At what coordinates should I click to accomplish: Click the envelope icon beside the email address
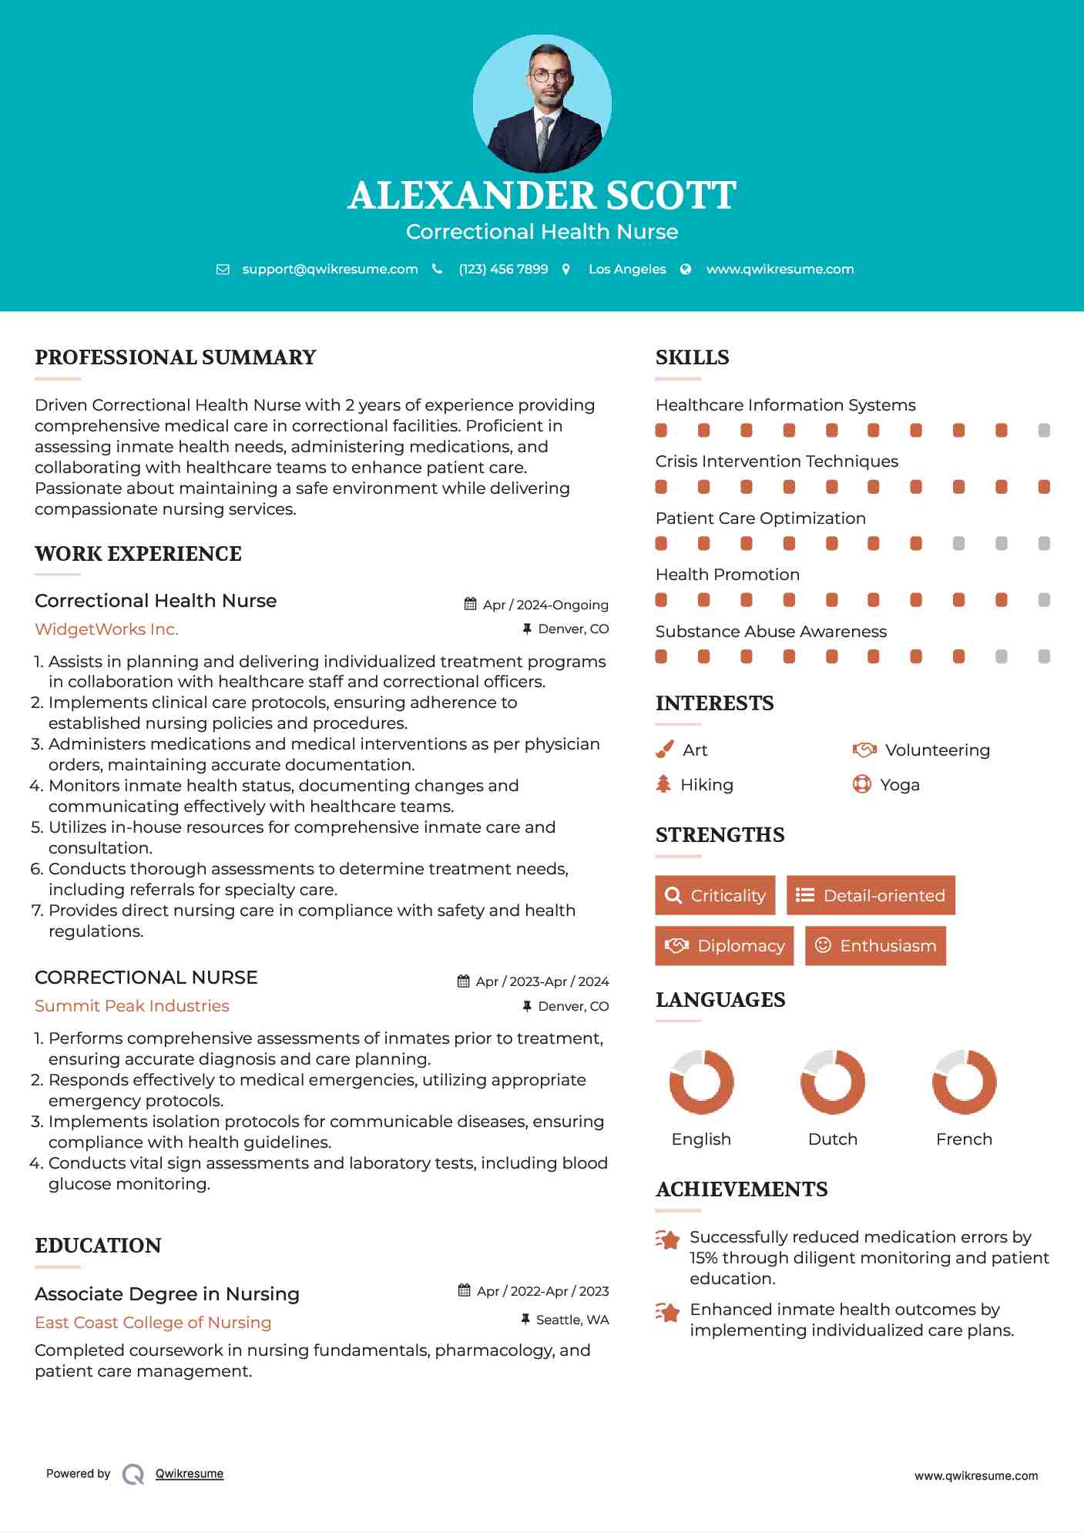pyautogui.click(x=223, y=270)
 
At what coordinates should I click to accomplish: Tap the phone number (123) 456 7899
pyautogui.click(x=503, y=270)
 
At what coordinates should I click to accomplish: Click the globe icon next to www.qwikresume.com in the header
pyautogui.click(x=686, y=270)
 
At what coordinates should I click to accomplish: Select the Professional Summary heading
pyautogui.click(x=176, y=357)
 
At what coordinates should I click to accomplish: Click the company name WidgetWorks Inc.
pyautogui.click(x=106, y=629)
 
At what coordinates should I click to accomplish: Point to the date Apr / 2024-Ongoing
pyautogui.click(x=545, y=605)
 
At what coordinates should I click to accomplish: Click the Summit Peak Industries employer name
pyautogui.click(x=132, y=1006)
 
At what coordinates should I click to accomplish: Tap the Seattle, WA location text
pyautogui.click(x=572, y=1320)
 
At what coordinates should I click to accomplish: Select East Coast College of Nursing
pyautogui.click(x=153, y=1323)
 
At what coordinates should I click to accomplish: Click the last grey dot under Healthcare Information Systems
pyautogui.click(x=1044, y=431)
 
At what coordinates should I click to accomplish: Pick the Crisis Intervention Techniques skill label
pyautogui.click(x=777, y=461)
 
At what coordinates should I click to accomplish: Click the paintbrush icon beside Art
pyautogui.click(x=664, y=750)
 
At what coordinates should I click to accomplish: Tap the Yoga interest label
pyautogui.click(x=900, y=785)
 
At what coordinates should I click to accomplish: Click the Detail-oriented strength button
pyautogui.click(x=871, y=895)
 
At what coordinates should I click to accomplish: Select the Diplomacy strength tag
pyautogui.click(x=723, y=946)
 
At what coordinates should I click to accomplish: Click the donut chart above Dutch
pyautogui.click(x=833, y=1082)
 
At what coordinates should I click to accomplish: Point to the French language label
pyautogui.click(x=964, y=1139)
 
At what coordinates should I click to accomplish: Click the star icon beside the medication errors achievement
pyautogui.click(x=668, y=1239)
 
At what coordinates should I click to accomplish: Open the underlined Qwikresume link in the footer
pyautogui.click(x=190, y=1474)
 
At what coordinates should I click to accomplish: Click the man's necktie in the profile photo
pyautogui.click(x=545, y=139)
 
